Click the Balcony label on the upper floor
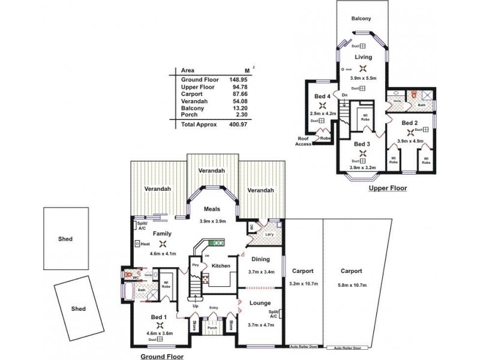point(361,19)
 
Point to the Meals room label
point(211,209)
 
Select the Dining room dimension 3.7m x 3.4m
point(261,272)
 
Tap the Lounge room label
point(260,303)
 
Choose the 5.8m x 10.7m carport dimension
point(351,284)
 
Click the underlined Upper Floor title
point(388,188)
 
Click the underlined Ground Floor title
point(161,355)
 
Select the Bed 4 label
point(322,97)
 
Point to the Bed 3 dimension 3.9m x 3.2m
point(362,168)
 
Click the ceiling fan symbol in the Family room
point(164,244)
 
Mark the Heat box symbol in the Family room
point(138,244)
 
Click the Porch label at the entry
point(212,328)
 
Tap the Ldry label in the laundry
point(261,234)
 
